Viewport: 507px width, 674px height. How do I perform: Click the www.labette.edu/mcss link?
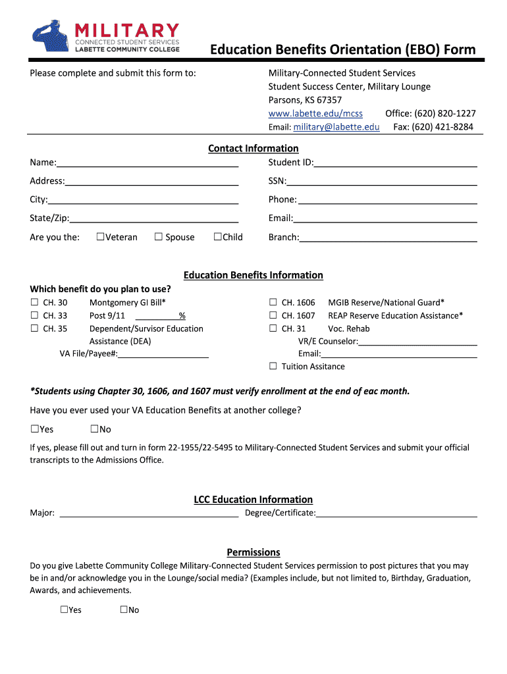[x=315, y=113]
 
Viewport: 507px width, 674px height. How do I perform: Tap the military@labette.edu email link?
[x=336, y=127]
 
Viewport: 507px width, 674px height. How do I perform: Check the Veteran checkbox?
[x=100, y=237]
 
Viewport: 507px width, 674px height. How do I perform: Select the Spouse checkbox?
[x=158, y=237]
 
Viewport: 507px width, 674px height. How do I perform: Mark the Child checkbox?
[x=217, y=237]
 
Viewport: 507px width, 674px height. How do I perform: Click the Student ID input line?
[x=395, y=163]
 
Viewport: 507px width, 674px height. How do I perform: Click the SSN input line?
[x=381, y=181]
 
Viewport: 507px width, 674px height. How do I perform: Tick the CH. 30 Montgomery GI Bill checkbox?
[x=34, y=303]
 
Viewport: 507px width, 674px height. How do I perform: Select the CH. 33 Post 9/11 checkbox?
[x=34, y=316]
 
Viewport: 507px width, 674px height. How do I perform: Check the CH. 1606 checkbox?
[x=273, y=303]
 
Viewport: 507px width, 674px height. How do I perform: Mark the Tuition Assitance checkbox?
[x=273, y=367]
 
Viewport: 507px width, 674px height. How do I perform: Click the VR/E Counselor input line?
[x=417, y=342]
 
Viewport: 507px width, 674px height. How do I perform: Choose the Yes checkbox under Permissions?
[x=65, y=610]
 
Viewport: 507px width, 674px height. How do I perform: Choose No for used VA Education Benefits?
[x=94, y=430]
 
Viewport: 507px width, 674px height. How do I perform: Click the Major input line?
[x=149, y=513]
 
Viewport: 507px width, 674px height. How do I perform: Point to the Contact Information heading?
[x=253, y=149]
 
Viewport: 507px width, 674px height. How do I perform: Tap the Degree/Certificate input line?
[x=396, y=513]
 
